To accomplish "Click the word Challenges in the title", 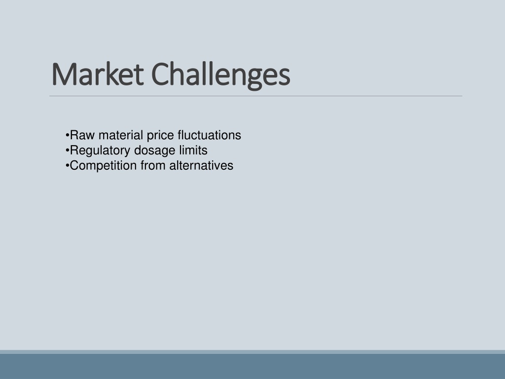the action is [220, 76].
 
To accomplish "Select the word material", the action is [121, 135].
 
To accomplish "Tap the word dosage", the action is [154, 151].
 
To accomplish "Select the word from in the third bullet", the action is [153, 166].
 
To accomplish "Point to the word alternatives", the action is [201, 166].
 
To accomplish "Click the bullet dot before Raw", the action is [67, 135].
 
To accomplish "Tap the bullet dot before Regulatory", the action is [67, 151].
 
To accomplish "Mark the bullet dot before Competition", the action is [67, 166].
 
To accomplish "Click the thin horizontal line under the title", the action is [256, 96].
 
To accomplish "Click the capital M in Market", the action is [64, 75].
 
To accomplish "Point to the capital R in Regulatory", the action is [74, 150].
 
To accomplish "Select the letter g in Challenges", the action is [255, 79].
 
